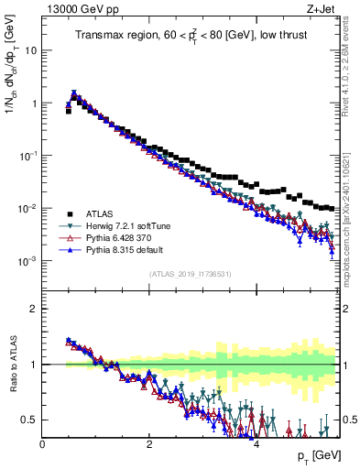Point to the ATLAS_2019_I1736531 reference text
click(x=190, y=274)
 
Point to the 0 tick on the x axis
click(x=42, y=444)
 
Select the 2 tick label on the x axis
click(x=149, y=444)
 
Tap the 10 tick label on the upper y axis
click(x=30, y=50)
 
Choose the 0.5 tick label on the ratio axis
click(x=29, y=420)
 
